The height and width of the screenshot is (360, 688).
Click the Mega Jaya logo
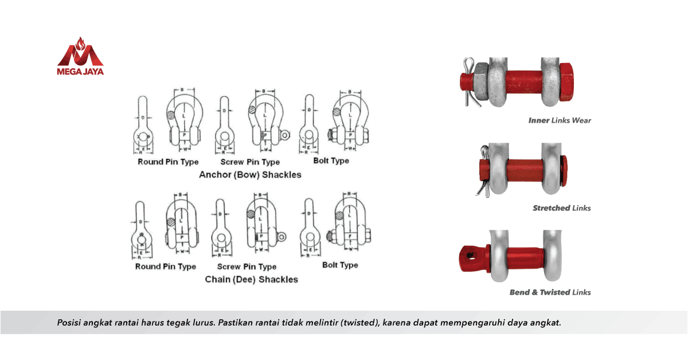(80, 56)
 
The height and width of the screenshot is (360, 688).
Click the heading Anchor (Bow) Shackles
(250, 175)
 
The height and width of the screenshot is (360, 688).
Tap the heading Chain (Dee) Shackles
(251, 280)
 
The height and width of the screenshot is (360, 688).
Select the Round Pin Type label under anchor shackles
(168, 162)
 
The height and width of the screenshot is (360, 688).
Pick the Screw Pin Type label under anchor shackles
(250, 162)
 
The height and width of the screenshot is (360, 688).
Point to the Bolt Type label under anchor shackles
(331, 161)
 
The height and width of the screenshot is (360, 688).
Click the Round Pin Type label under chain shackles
(165, 267)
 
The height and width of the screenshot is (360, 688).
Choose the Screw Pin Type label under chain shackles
(247, 267)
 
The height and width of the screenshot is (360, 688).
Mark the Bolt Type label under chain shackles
(340, 265)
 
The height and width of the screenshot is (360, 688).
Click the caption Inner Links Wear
(559, 120)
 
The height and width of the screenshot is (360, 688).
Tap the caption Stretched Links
(561, 208)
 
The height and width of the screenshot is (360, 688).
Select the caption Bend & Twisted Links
(550, 292)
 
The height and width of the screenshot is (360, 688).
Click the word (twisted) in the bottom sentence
(361, 322)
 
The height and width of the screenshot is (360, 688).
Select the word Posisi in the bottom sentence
(69, 322)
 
